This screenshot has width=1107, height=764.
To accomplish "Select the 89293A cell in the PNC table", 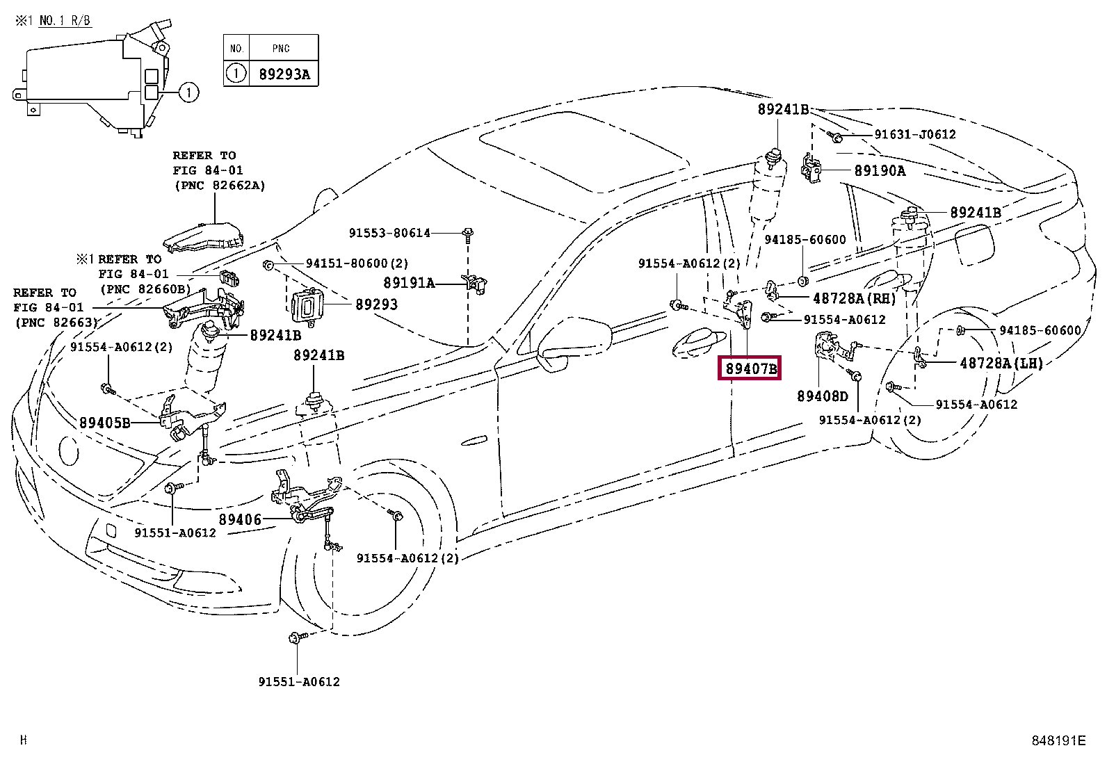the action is (x=284, y=74).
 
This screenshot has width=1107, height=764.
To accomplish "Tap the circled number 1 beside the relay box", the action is (x=188, y=92).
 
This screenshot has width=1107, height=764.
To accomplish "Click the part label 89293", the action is (x=377, y=304).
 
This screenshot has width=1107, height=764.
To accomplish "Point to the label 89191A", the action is (x=409, y=283).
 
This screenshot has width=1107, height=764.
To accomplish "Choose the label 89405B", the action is (x=105, y=423).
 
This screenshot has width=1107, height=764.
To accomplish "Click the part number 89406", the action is (x=240, y=519).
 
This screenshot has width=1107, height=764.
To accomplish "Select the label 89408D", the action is (x=823, y=396).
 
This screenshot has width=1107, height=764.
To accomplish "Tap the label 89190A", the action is (x=880, y=171).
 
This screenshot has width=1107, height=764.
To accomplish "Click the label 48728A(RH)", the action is (x=855, y=298).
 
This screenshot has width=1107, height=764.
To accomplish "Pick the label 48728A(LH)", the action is (x=1001, y=364).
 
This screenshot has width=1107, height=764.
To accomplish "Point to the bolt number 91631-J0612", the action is (x=915, y=134).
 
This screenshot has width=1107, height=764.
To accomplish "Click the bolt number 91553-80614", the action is (x=389, y=233).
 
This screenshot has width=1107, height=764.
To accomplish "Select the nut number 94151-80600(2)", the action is (x=357, y=263).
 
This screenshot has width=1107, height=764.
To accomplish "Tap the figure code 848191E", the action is (x=1058, y=740).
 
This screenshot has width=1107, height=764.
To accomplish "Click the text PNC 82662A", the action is (x=220, y=186).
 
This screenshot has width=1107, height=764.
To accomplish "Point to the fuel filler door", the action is (x=974, y=245).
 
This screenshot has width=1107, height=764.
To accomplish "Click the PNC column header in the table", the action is (x=281, y=49).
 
